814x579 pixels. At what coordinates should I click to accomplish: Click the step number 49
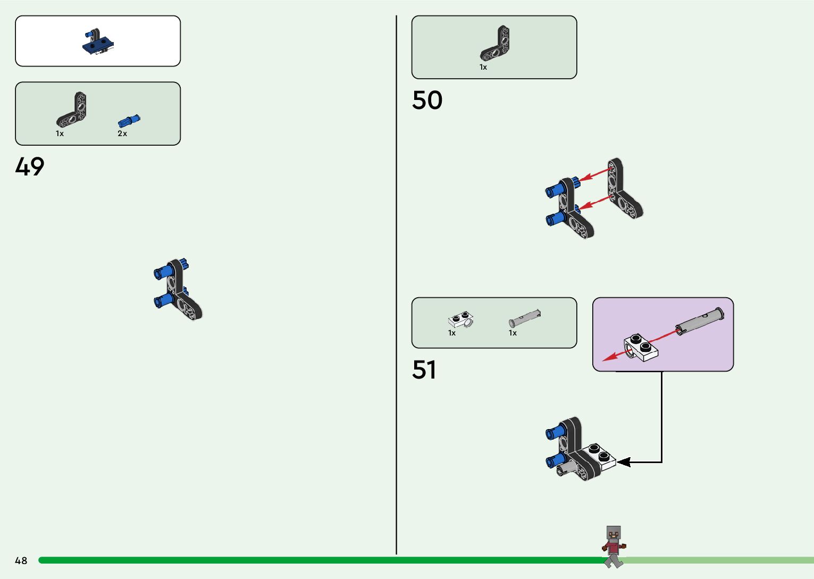click(30, 166)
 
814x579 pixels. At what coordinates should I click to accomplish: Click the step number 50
click(427, 100)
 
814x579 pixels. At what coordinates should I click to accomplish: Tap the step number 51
click(424, 370)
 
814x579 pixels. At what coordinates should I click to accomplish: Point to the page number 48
click(21, 560)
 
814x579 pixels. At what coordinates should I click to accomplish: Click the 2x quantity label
click(122, 133)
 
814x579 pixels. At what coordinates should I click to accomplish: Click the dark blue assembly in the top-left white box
click(98, 43)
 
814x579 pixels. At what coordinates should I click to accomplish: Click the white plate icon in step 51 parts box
click(460, 320)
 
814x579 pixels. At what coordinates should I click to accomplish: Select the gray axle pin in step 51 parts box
click(525, 318)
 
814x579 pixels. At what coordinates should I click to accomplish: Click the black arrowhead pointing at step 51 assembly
click(623, 462)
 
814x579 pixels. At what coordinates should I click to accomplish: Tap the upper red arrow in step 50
click(594, 175)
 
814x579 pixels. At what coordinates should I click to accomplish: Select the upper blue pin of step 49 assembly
click(163, 272)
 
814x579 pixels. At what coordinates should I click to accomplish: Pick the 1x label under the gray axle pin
click(513, 333)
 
